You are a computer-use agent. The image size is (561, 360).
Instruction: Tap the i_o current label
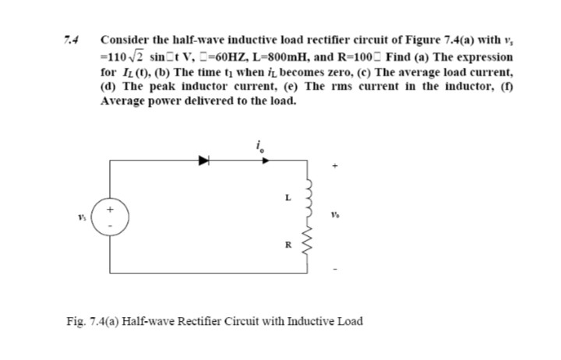point(259,146)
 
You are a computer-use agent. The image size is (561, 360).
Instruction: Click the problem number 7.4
point(76,38)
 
